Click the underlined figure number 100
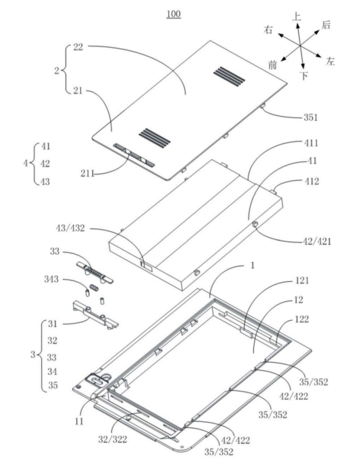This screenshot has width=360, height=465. [174, 14]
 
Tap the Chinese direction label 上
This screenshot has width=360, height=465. [296, 17]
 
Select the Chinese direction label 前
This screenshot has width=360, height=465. [272, 64]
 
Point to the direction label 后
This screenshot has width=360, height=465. [326, 25]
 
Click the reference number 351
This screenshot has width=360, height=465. [310, 117]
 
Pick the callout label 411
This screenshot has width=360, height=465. [311, 143]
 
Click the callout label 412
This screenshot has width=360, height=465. [312, 181]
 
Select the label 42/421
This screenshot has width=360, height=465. [317, 241]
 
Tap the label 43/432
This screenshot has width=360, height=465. [70, 228]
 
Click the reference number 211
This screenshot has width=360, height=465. [88, 173]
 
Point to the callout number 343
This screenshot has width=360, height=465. [51, 279]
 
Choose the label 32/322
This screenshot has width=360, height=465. [113, 439]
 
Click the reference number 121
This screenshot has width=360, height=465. [302, 280]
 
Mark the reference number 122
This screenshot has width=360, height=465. [302, 319]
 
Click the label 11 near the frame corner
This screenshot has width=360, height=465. [79, 421]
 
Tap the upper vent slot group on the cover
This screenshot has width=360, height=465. [229, 75]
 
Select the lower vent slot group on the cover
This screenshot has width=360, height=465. [154, 136]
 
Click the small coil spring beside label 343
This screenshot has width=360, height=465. [93, 287]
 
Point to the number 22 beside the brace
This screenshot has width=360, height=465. [78, 47]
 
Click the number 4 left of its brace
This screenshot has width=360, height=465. [26, 163]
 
